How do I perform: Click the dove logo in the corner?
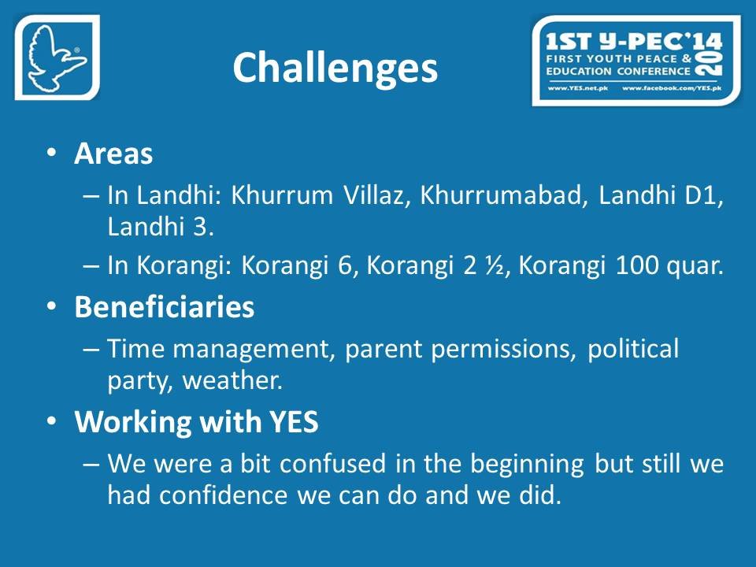click(x=57, y=57)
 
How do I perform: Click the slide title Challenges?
click(x=335, y=68)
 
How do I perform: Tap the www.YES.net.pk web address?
click(x=577, y=88)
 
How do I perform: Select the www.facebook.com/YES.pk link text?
click(x=672, y=88)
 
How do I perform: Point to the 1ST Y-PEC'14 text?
click(x=633, y=42)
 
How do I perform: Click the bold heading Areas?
click(x=113, y=154)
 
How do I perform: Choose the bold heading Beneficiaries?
click(x=165, y=306)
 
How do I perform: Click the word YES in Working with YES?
click(x=294, y=421)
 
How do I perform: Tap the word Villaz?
click(x=373, y=195)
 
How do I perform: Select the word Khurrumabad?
click(x=501, y=195)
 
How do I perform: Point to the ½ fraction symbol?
click(x=494, y=265)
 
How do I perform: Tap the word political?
click(x=633, y=349)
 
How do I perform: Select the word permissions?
click(x=500, y=349)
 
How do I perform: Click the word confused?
click(x=332, y=463)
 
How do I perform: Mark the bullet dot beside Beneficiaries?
click(x=52, y=306)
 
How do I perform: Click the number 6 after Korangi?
click(x=344, y=265)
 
